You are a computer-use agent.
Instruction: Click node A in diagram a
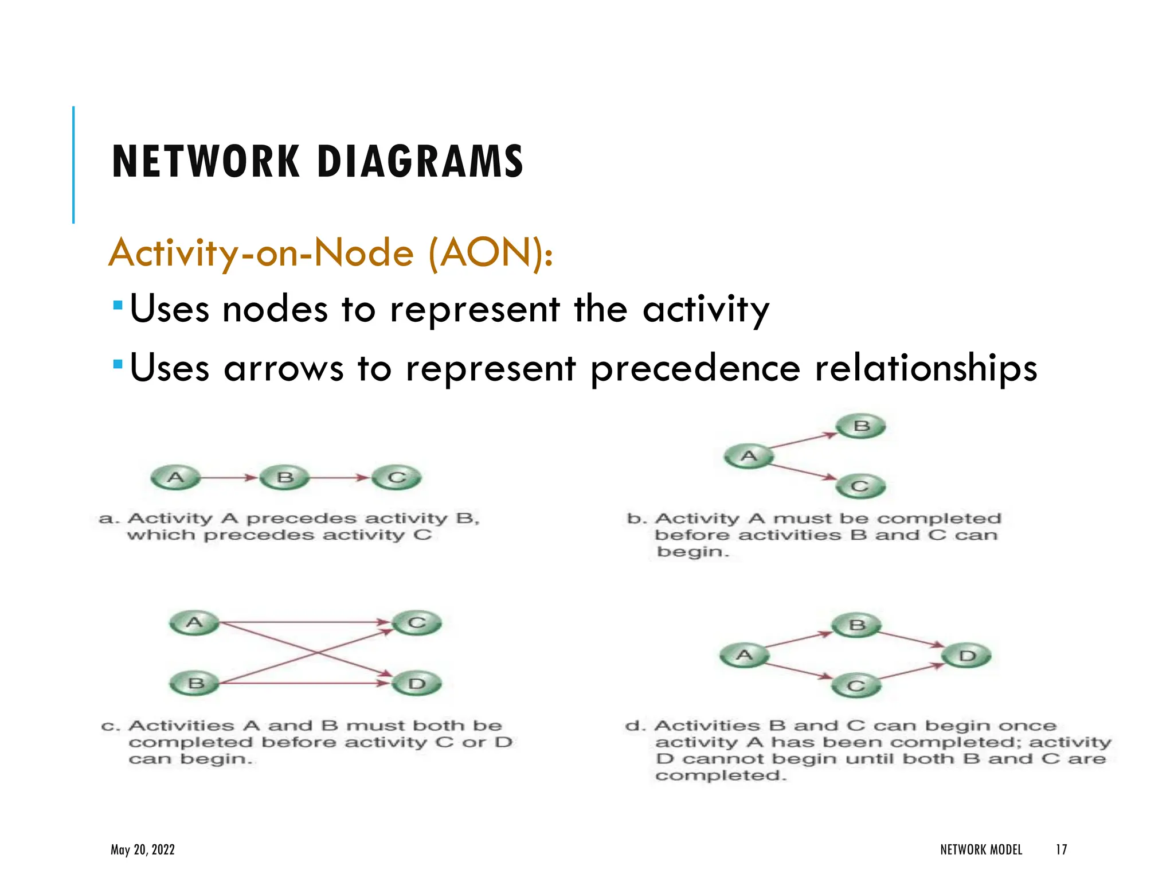point(175,478)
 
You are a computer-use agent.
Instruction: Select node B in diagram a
point(285,478)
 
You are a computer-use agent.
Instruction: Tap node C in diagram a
point(397,478)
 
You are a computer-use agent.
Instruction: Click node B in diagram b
point(861,427)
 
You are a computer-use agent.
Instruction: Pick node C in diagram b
point(860,487)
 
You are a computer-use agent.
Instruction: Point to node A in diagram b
point(749,457)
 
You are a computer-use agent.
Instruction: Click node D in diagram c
point(417,684)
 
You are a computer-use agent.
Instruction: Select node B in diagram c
point(195,684)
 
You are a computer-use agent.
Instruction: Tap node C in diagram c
point(417,623)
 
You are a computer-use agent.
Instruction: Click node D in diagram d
point(968,656)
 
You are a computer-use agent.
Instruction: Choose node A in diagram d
point(744,656)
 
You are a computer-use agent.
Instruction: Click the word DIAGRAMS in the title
point(420,162)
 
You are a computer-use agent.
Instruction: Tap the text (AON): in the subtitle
point(491,253)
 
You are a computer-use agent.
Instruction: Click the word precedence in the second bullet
point(695,368)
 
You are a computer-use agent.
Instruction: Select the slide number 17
point(1061,849)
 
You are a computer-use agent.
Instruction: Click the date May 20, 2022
point(143,849)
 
